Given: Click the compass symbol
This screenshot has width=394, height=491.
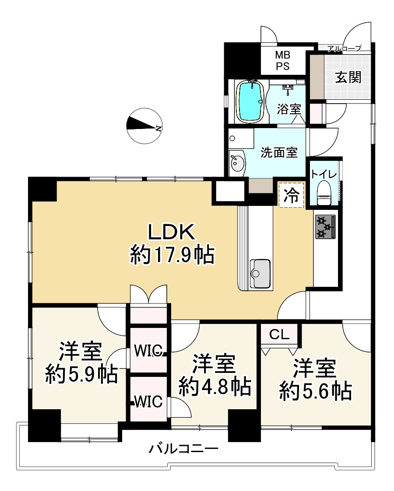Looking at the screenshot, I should tap(144, 125).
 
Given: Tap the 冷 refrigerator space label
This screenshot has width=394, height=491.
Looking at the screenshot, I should tap(291, 195).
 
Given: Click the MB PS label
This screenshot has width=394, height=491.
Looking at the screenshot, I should tap(282, 61).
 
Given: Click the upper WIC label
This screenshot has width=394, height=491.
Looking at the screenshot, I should tap(149, 350).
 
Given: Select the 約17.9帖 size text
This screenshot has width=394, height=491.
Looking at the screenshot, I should tap(172, 254).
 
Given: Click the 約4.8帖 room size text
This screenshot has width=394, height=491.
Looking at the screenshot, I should tap(215, 387).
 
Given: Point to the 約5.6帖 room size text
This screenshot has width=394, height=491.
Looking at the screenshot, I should tap(315, 390).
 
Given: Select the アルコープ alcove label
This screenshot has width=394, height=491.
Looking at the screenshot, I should tap(344, 49).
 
